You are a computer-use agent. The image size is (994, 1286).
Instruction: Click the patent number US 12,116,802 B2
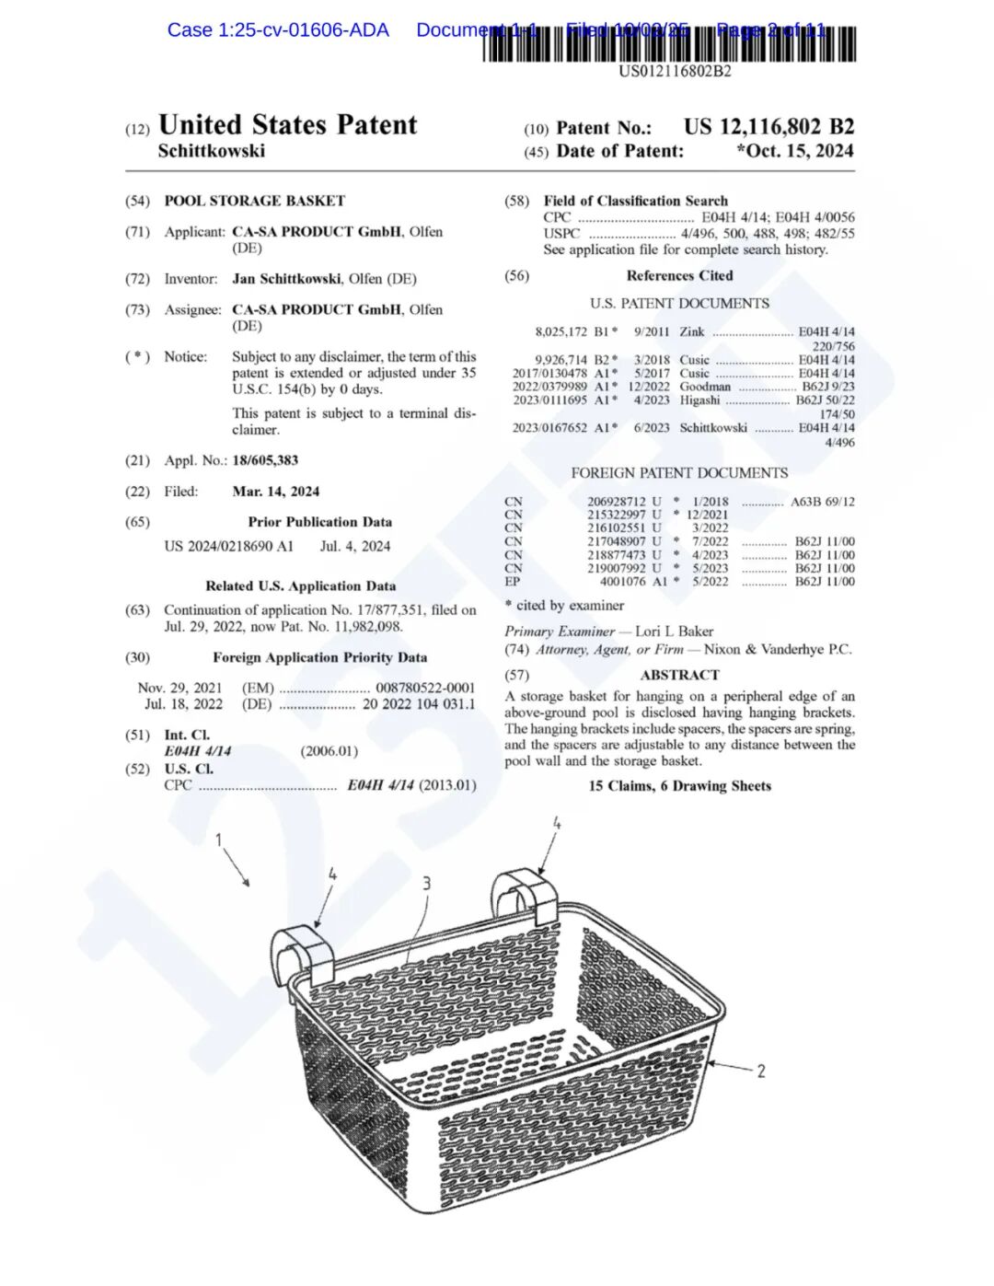[x=769, y=127]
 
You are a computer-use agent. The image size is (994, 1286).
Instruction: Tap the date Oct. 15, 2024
[x=798, y=151]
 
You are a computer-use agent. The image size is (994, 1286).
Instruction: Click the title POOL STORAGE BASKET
[x=254, y=201]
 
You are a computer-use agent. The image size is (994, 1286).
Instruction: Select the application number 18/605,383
[x=265, y=460]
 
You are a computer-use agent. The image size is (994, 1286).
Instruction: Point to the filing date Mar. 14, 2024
[x=276, y=492]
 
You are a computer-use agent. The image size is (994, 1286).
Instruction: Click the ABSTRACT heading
[x=679, y=675]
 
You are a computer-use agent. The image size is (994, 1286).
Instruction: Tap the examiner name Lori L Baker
[x=674, y=631]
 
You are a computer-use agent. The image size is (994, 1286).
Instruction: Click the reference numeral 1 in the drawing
[x=219, y=840]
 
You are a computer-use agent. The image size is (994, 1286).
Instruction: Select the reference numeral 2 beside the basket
[x=761, y=1071]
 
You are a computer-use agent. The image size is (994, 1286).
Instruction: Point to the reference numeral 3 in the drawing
[x=426, y=884]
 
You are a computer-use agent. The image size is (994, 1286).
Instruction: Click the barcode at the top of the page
[x=669, y=44]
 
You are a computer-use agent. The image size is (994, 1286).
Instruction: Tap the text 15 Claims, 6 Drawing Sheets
[x=679, y=786]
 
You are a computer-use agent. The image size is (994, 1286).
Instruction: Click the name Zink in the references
[x=692, y=331]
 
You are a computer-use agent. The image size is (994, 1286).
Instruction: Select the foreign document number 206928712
[x=617, y=502]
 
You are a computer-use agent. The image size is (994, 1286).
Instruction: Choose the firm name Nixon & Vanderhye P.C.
[x=778, y=650]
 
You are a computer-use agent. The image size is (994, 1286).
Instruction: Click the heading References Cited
[x=679, y=275]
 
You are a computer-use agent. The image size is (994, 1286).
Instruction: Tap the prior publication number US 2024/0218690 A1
[x=228, y=546]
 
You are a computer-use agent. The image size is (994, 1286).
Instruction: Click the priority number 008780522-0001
[x=425, y=688]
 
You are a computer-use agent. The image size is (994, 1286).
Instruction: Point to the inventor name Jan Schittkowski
[x=286, y=279]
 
